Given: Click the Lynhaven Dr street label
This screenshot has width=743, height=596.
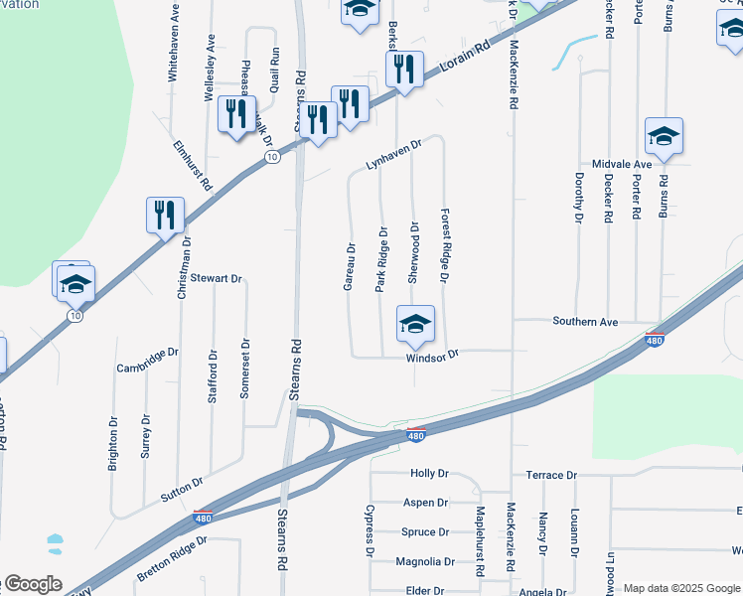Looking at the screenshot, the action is pyautogui.click(x=393, y=153).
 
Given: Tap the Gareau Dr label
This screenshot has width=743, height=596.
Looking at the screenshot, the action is pyautogui.click(x=350, y=267).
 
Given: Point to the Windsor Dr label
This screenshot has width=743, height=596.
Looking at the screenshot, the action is pyautogui.click(x=433, y=355).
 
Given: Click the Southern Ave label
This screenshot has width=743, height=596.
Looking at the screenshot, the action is pyautogui.click(x=585, y=322).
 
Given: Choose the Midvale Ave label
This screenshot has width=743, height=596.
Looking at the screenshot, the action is pyautogui.click(x=622, y=163).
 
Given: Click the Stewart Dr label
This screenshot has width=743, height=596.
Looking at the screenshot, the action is pyautogui.click(x=218, y=278).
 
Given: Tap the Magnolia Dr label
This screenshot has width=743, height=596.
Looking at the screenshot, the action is pyautogui.click(x=424, y=561).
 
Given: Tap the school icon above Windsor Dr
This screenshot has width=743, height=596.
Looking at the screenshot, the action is pyautogui.click(x=416, y=322).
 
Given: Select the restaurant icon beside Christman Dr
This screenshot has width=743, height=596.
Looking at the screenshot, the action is pyautogui.click(x=165, y=215).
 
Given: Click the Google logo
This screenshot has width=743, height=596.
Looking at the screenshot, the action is pyautogui.click(x=32, y=584).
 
